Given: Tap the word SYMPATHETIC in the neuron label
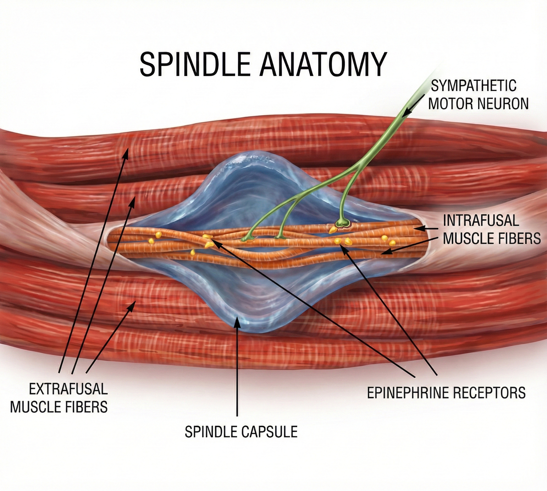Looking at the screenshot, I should pyautogui.click(x=473, y=86).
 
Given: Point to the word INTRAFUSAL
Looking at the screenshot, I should pyautogui.click(x=481, y=221).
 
